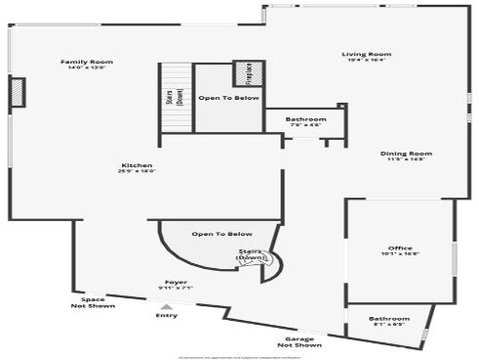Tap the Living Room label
(x=367, y=54)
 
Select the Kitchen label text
(x=136, y=165)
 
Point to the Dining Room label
(x=406, y=154)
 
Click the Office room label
(x=400, y=248)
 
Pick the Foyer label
(x=176, y=283)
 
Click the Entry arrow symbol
(x=165, y=307)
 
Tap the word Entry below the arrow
(x=166, y=316)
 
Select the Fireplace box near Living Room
(x=247, y=74)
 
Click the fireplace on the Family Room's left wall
(x=18, y=92)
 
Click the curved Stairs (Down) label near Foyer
(x=251, y=255)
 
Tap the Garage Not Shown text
(x=299, y=342)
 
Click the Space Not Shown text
(x=93, y=303)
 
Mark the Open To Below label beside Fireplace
(x=229, y=99)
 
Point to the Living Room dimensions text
(x=367, y=61)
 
